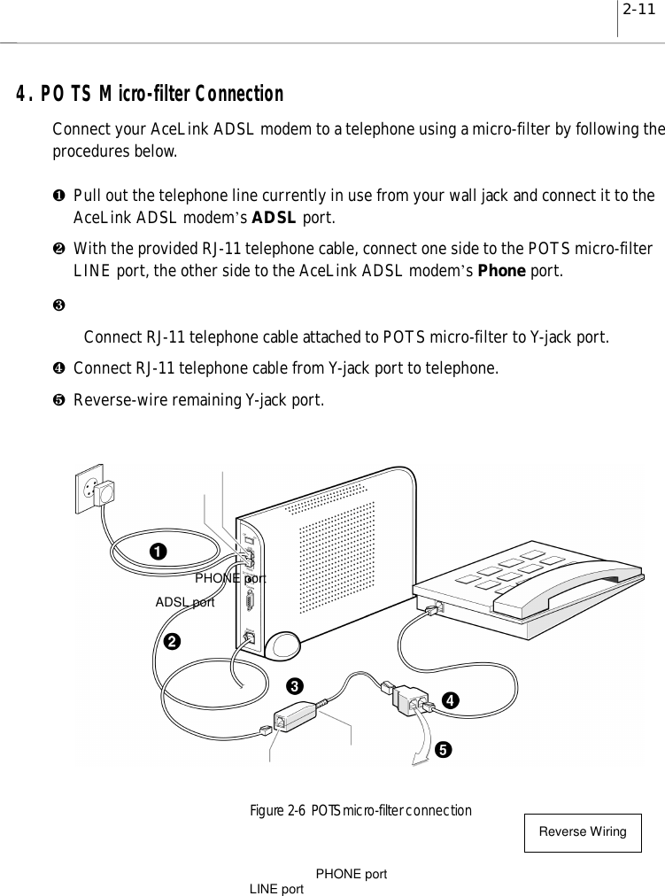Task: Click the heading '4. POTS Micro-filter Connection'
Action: point(148,94)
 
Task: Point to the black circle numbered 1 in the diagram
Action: point(157,551)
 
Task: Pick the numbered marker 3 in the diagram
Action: point(294,685)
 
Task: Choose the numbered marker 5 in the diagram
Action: point(442,749)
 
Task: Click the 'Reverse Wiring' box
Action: point(583,832)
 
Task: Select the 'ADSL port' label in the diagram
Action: point(185,602)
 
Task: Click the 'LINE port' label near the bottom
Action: point(277,888)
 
